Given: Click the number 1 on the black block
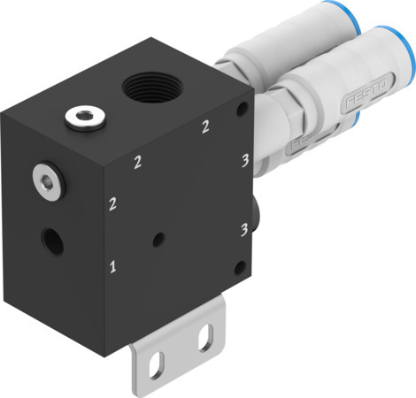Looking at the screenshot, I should click(112, 264).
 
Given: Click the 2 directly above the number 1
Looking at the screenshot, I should click(112, 205).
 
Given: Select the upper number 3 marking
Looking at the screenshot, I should click(243, 161).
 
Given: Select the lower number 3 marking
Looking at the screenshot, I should click(243, 230).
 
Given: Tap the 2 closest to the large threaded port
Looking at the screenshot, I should click(205, 127).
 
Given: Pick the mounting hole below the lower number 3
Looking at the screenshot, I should click(238, 267).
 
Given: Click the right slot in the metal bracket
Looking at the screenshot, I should click(206, 335).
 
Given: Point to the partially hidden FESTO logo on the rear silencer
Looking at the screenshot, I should click(299, 142).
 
